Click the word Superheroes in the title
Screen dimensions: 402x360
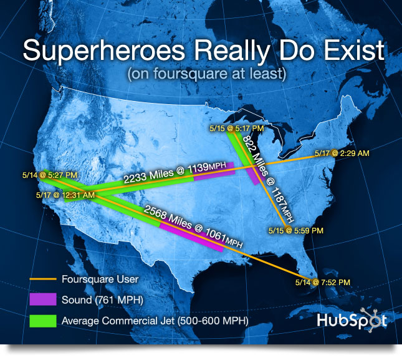[x=104, y=51]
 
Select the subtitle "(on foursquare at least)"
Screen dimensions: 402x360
[x=207, y=74]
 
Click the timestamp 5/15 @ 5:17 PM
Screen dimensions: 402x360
[x=237, y=129]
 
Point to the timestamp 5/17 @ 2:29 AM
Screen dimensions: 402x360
[x=342, y=153]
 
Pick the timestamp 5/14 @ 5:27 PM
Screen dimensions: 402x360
[x=50, y=175]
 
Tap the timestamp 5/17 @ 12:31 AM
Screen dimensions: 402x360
[x=65, y=195]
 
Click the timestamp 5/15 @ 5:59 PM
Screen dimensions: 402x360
[x=296, y=230]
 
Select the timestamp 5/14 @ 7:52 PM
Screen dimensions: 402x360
[x=322, y=283]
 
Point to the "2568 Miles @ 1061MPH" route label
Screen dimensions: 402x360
[x=193, y=226]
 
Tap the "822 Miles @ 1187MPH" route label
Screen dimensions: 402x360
[x=268, y=178]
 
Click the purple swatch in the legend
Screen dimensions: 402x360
[x=43, y=299]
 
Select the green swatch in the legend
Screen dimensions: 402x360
[x=43, y=321]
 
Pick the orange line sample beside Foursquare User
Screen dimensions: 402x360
[x=43, y=279]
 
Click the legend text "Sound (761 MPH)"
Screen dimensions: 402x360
[x=102, y=300]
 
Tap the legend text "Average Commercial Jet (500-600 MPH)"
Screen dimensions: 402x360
[x=155, y=321]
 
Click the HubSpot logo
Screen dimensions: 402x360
[x=352, y=320]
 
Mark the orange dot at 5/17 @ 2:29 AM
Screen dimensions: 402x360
[x=334, y=153]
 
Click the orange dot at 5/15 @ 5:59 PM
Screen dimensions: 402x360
[x=288, y=230]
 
